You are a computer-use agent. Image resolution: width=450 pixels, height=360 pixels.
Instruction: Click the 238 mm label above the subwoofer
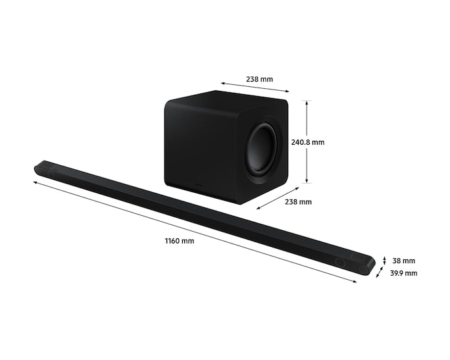[259, 79]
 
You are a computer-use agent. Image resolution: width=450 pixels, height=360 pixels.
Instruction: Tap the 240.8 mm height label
[308, 141]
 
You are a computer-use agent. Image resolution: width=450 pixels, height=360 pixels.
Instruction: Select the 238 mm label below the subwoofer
[298, 202]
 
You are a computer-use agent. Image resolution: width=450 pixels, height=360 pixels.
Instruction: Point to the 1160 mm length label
[179, 241]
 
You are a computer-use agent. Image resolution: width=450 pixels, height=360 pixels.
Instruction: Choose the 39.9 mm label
[403, 273]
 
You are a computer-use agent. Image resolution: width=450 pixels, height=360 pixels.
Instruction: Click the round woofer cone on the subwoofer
[262, 149]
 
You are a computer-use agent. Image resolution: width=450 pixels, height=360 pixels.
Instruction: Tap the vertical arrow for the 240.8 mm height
[306, 141]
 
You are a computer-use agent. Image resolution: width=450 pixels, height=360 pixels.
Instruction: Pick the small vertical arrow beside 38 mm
[384, 261]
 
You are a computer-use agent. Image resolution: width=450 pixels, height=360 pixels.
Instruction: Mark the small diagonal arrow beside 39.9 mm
[380, 272]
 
